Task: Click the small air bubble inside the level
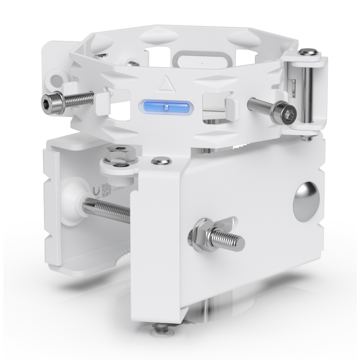[x=166, y=107]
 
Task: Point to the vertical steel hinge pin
[x=307, y=95]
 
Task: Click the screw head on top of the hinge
[x=308, y=53]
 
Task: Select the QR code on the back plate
[x=107, y=190]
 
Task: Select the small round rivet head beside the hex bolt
[x=161, y=161]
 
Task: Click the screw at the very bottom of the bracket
[x=161, y=328]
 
